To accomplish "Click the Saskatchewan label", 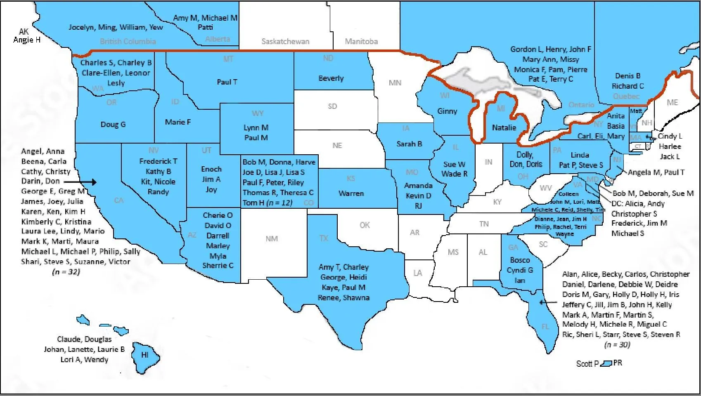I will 285,41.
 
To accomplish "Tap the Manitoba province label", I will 361,41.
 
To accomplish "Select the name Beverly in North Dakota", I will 331,78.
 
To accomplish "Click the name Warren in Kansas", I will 351,193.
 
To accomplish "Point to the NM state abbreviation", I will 272,238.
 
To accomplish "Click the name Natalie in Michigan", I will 504,128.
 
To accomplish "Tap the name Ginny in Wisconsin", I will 447,111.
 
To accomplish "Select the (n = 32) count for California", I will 66,272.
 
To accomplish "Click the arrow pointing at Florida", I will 548,302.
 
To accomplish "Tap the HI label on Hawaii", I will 145,355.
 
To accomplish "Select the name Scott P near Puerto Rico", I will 587,364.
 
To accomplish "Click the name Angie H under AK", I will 27,40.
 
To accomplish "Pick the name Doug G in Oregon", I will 113,124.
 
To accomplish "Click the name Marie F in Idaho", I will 178,122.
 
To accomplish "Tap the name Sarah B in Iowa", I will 409,144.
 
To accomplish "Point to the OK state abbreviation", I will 365,225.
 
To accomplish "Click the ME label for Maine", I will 672,102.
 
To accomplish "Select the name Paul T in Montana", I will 227,82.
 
